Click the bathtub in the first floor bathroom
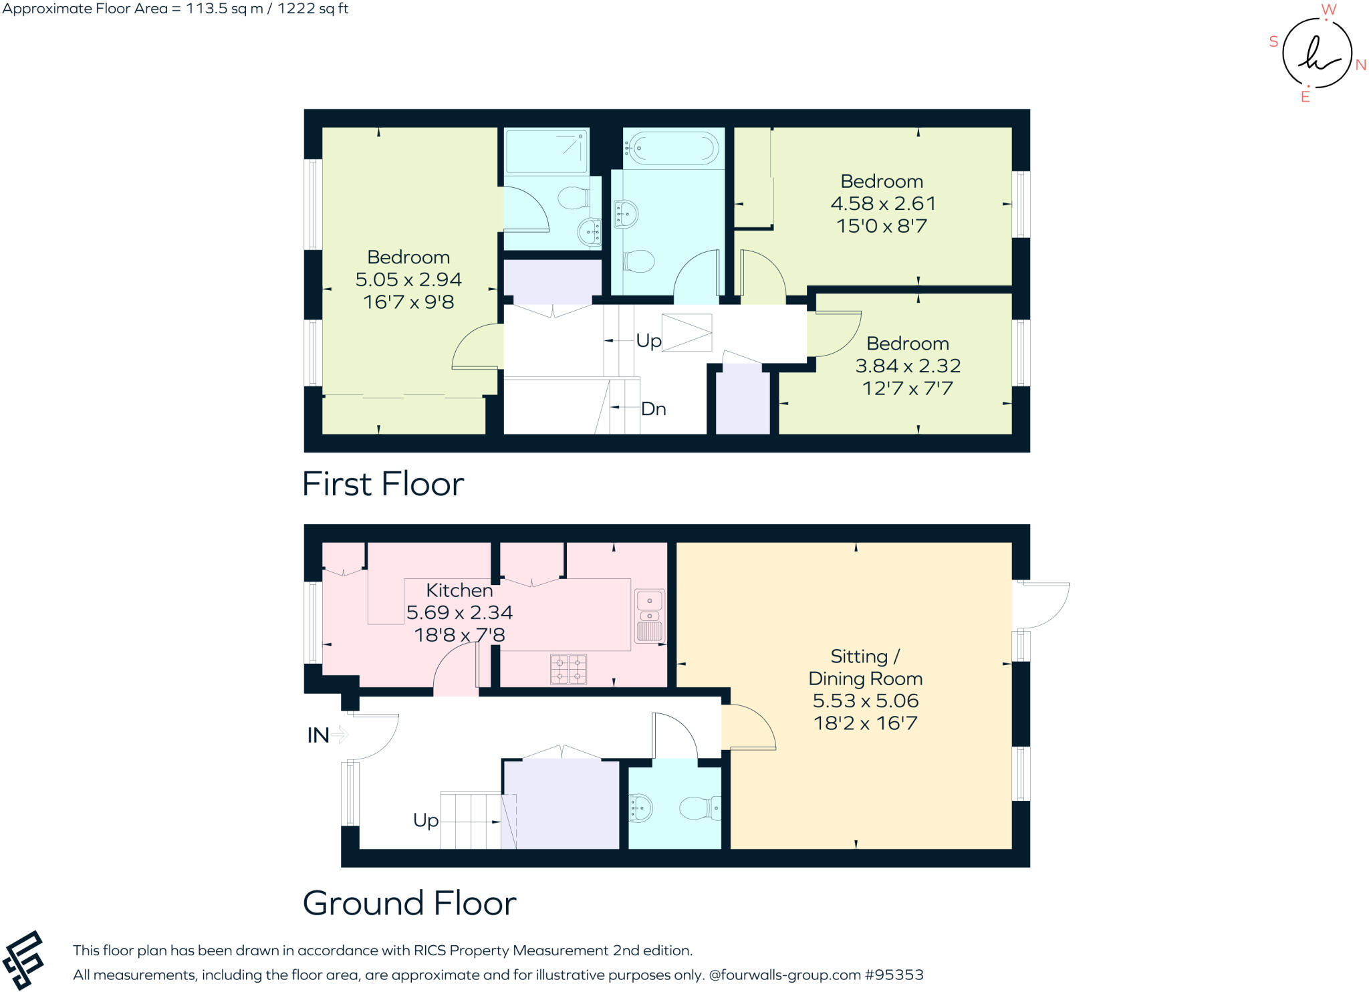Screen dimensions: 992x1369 pos(673,147)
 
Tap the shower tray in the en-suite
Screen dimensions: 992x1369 pos(546,151)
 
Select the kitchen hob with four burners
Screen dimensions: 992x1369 pos(568,668)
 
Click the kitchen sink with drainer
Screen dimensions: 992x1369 pos(649,615)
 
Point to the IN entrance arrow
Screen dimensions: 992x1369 pos(340,735)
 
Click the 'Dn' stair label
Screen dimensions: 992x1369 pos(653,408)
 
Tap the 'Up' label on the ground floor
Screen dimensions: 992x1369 pos(426,820)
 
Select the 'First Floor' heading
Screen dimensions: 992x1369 pos(383,484)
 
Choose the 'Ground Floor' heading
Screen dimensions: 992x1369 pos(409,903)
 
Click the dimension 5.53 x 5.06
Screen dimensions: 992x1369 pos(865,701)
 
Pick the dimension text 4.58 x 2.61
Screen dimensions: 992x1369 pos(882,203)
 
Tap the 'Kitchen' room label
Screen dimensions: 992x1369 pos(459,590)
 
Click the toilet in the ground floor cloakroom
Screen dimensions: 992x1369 pos(699,808)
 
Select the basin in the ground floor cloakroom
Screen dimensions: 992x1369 pos(640,808)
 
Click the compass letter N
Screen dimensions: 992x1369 pos(1360,65)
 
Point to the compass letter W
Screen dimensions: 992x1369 pos(1328,9)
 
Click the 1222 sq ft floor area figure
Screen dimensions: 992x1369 pos(313,9)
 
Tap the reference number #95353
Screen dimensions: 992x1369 pos(894,975)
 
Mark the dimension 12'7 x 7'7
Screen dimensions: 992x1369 pos(907,388)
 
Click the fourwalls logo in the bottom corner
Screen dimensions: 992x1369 pos(23,959)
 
